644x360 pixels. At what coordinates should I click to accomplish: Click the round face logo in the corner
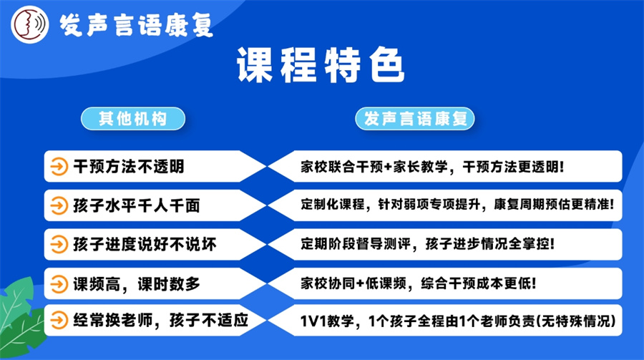tap(28, 24)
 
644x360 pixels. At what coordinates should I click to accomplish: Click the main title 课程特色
tap(321, 67)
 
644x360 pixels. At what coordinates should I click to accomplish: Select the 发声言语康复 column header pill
tap(416, 118)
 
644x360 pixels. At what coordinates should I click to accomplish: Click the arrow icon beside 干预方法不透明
tap(57, 167)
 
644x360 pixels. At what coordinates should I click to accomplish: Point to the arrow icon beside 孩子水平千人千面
tap(57, 206)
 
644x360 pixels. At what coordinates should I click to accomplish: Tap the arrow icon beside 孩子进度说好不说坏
tap(57, 245)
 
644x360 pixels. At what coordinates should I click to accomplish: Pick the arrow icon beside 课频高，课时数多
tap(57, 283)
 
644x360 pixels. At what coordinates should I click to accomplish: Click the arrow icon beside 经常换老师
tap(57, 320)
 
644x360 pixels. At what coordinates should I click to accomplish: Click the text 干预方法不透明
tap(129, 167)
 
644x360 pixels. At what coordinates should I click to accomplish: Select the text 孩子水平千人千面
tap(137, 206)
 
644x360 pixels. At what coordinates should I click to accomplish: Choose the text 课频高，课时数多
tap(137, 283)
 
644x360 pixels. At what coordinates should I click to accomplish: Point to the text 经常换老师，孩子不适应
tap(160, 320)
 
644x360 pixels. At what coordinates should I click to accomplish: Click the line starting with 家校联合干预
tap(433, 167)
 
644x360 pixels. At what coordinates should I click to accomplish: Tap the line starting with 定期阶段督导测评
tap(428, 245)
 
